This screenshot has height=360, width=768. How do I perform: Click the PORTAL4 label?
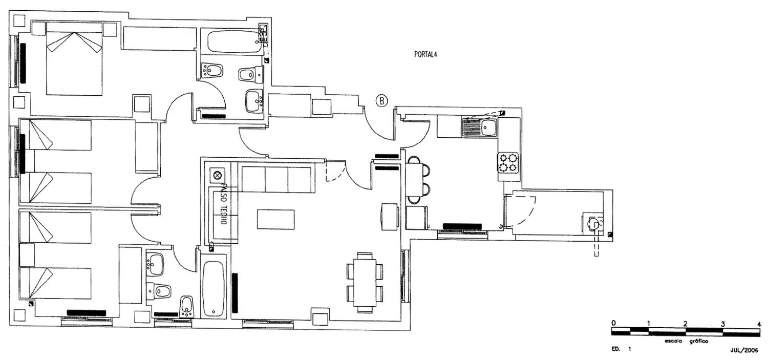(x=425, y=54)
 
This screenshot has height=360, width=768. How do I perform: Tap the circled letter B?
(x=381, y=101)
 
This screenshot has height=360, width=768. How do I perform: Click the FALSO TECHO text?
(x=223, y=204)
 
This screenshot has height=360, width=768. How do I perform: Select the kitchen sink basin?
(x=488, y=128)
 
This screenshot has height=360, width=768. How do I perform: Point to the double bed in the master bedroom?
(x=74, y=58)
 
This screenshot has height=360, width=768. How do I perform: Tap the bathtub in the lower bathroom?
(x=214, y=289)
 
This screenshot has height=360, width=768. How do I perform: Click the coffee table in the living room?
(x=275, y=219)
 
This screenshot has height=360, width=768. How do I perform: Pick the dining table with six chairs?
(x=365, y=283)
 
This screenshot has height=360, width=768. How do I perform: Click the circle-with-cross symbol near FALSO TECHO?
(x=218, y=176)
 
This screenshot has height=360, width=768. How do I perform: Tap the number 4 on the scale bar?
(x=759, y=324)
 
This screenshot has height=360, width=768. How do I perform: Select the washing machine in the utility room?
(x=593, y=224)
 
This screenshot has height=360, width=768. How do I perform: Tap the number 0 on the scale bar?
(x=613, y=323)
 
